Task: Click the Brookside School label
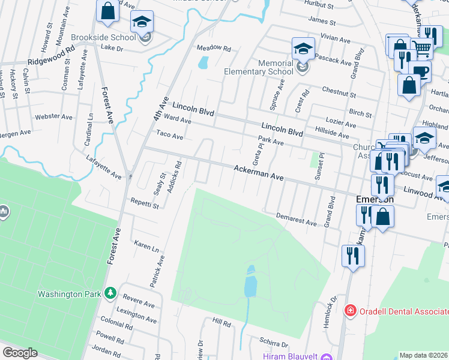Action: (x=104, y=37)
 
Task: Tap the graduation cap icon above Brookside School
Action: (x=142, y=22)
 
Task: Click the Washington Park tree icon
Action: (x=110, y=293)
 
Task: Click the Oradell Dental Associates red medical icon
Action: (x=349, y=311)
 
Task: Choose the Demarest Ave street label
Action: (x=296, y=219)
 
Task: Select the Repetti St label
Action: (x=145, y=205)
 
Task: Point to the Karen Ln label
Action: (x=146, y=246)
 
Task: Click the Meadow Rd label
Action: (x=214, y=48)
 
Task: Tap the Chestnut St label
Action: (x=339, y=93)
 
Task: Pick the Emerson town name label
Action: (x=375, y=199)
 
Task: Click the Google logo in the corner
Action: (x=20, y=353)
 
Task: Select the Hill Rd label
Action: (x=221, y=323)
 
